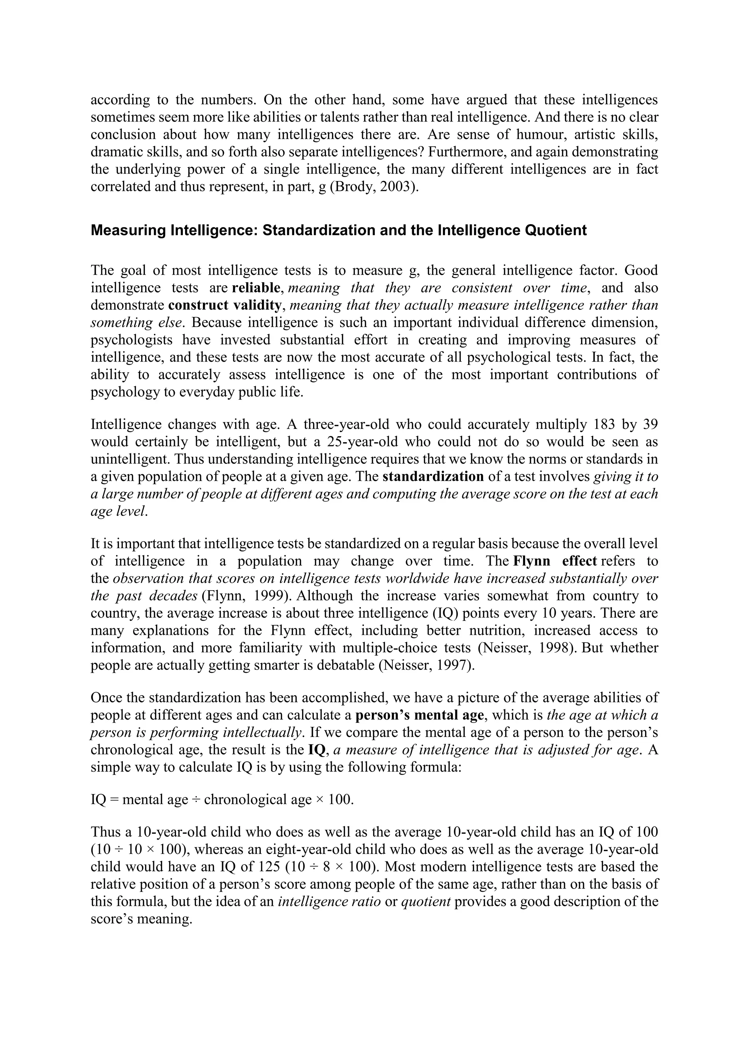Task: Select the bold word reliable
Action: tap(256, 288)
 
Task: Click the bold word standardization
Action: tap(433, 476)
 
